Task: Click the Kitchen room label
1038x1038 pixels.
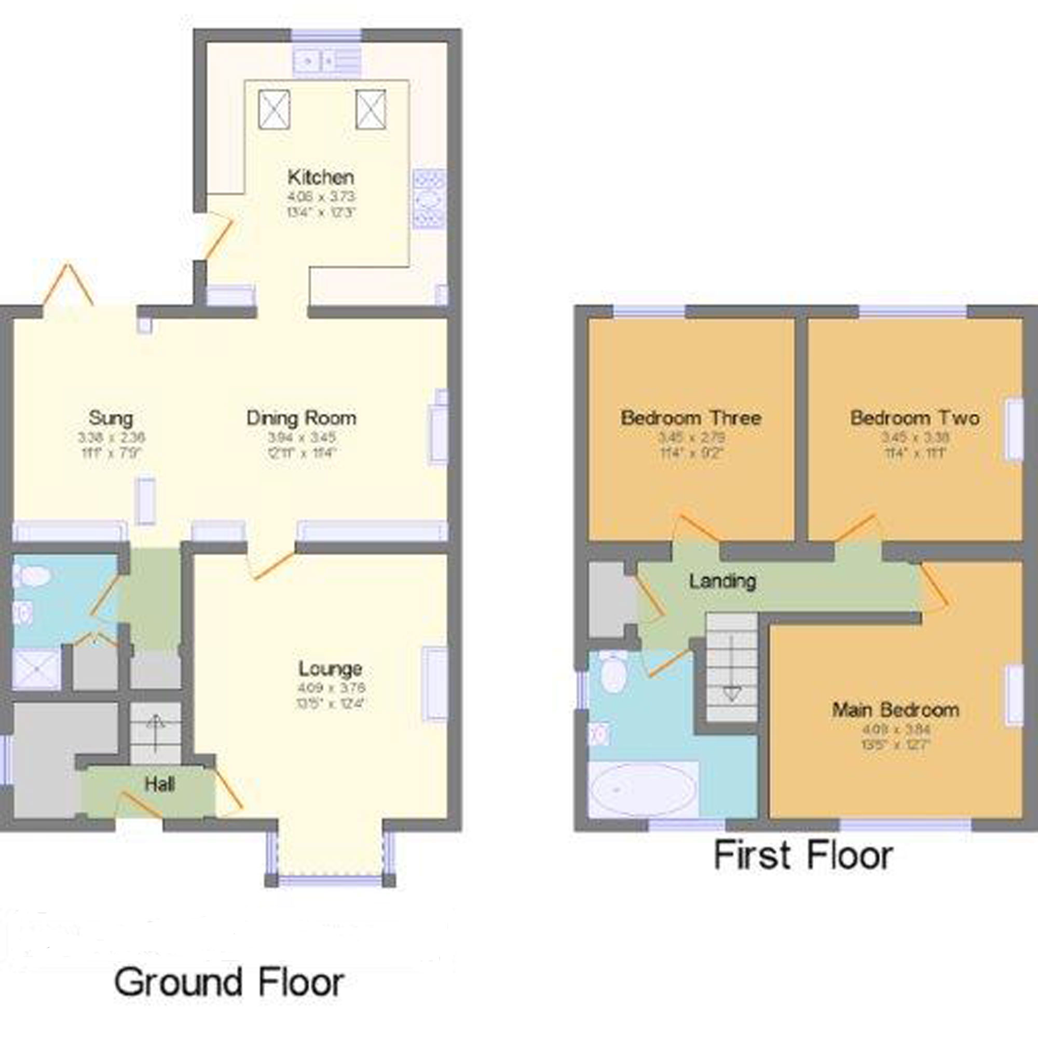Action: click(x=321, y=177)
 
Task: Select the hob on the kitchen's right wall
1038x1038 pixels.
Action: click(x=429, y=199)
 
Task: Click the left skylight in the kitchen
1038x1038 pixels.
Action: click(x=274, y=110)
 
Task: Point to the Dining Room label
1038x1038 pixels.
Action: click(x=301, y=418)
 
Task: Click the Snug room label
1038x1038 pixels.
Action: click(x=111, y=418)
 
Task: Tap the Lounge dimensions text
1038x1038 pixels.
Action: click(x=331, y=695)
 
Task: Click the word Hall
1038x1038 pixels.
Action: click(x=159, y=784)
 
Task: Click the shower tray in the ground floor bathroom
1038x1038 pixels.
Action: click(x=36, y=669)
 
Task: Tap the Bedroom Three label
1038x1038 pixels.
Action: click(x=690, y=418)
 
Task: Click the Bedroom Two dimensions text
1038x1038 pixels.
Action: click(x=914, y=445)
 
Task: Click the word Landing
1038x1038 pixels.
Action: click(x=722, y=581)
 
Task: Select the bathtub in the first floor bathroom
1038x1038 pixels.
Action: click(x=643, y=789)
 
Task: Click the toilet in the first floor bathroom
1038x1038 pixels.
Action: click(x=612, y=672)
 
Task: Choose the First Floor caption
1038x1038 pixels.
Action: click(x=803, y=855)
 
